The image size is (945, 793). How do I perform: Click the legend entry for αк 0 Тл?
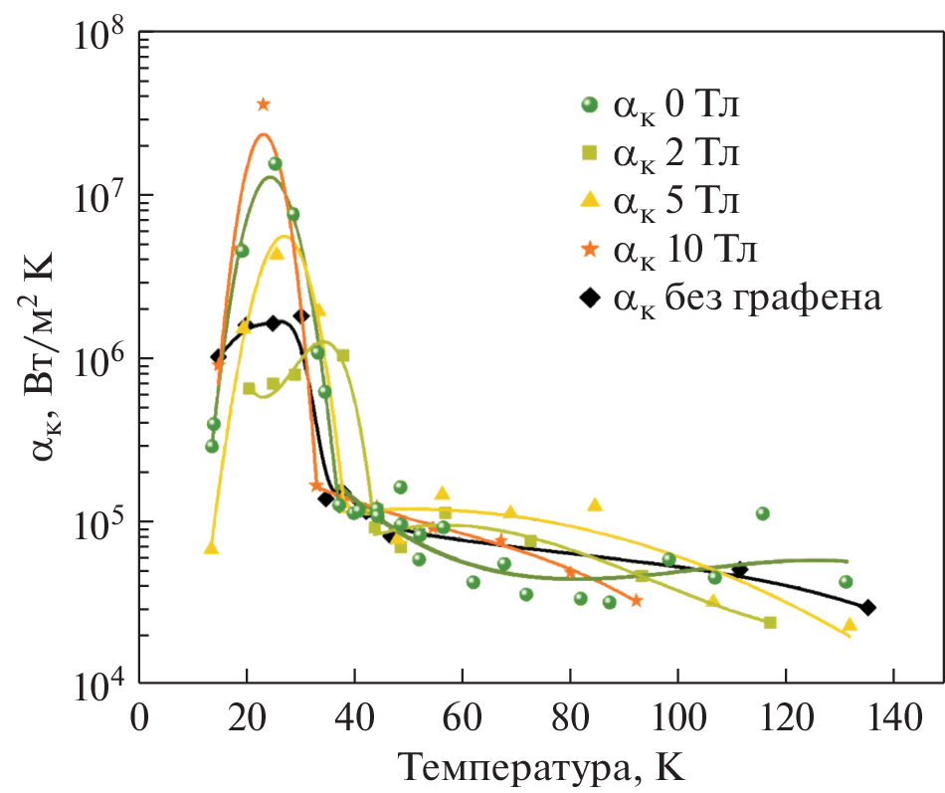coord(676,104)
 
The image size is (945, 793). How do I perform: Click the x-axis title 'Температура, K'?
coord(542,766)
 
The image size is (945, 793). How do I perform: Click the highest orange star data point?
coord(263,104)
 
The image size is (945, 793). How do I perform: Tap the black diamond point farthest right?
coord(867,608)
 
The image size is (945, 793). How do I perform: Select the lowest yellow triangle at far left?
coord(211,548)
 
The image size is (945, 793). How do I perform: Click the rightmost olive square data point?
coord(769,623)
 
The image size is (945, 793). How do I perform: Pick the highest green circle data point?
coord(275,163)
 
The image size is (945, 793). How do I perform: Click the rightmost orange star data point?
coord(636,600)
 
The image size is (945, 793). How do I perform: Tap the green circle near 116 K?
coord(763,513)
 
